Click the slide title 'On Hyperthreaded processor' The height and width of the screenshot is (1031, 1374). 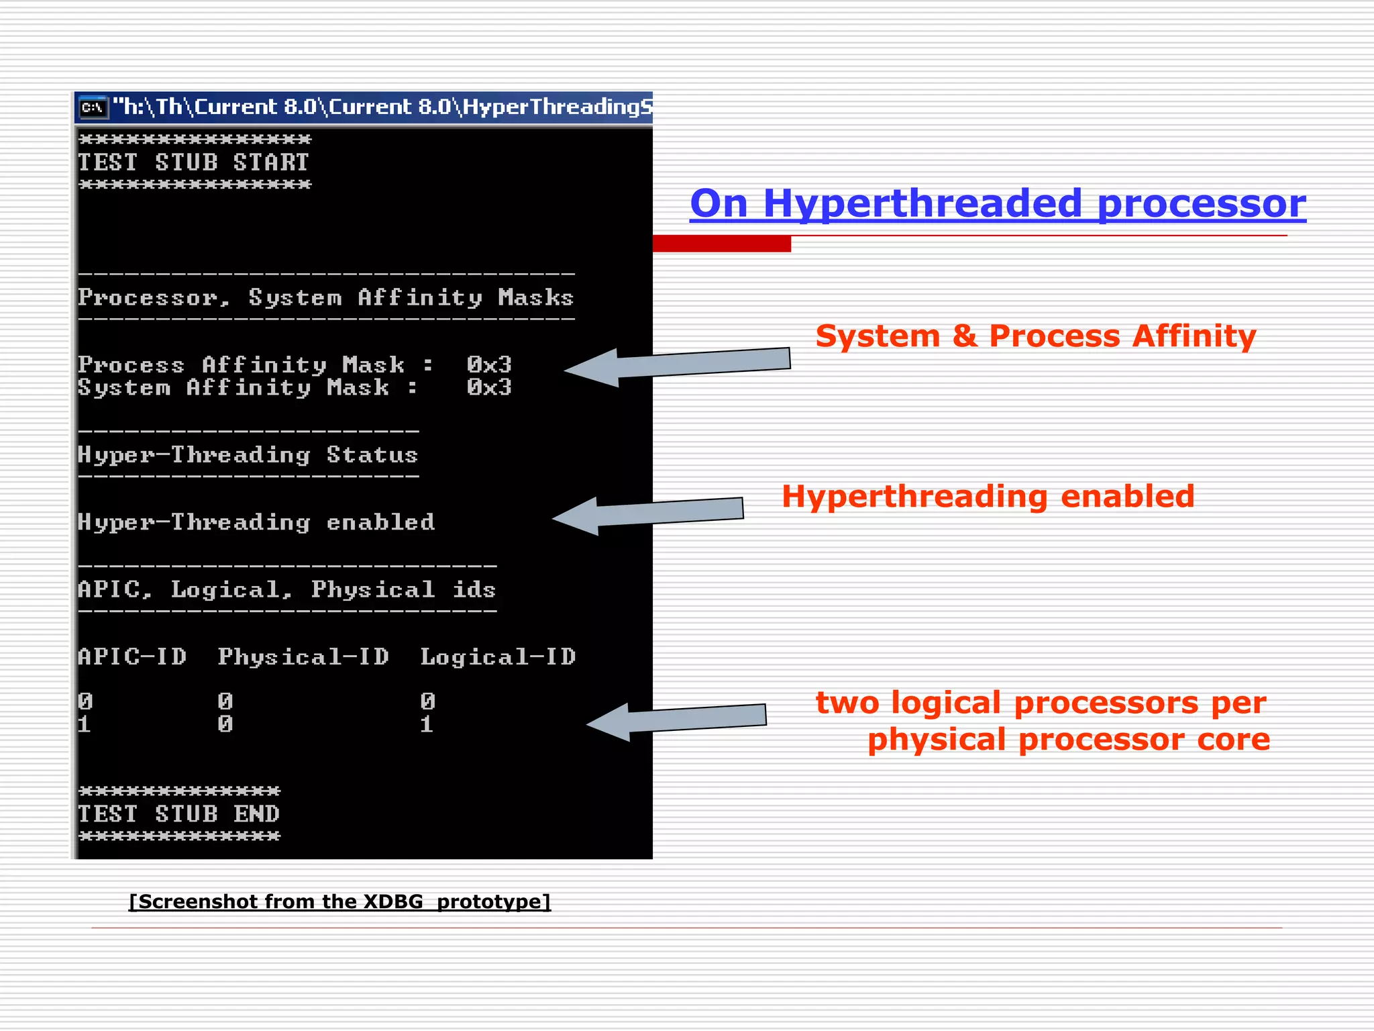pyautogui.click(x=998, y=203)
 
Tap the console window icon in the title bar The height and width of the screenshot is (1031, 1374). pyautogui.click(x=93, y=107)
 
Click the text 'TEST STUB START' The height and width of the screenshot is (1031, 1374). pyautogui.click(x=193, y=162)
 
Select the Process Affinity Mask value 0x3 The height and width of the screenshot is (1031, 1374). pyautogui.click(x=489, y=364)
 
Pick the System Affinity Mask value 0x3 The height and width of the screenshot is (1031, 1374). pyautogui.click(x=489, y=387)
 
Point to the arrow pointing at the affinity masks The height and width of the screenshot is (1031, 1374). pyautogui.click(x=678, y=366)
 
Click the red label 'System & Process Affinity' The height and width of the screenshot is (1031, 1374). pyautogui.click(x=1035, y=336)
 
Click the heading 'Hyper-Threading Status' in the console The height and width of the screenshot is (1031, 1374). pyautogui.click(x=248, y=455)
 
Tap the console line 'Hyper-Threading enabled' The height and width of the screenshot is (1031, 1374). pyautogui.click(x=256, y=522)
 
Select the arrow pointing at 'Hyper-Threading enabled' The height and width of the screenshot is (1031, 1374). pyautogui.click(x=647, y=515)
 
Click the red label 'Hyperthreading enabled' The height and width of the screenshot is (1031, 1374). pyautogui.click(x=988, y=497)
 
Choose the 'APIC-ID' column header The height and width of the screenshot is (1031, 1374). pyautogui.click(x=132, y=656)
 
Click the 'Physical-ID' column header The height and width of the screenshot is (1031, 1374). pyautogui.click(x=303, y=656)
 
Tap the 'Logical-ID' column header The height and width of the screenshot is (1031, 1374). pyautogui.click(x=498, y=656)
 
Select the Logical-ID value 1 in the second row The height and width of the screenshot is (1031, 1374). pyautogui.click(x=427, y=724)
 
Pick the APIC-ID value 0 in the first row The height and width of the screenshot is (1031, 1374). pyautogui.click(x=85, y=701)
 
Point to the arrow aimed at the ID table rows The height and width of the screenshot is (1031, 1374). pyautogui.click(x=676, y=721)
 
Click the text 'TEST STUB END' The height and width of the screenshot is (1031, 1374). pyautogui.click(x=178, y=814)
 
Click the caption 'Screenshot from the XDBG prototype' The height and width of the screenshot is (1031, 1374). pyautogui.click(x=339, y=901)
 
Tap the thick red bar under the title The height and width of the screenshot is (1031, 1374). pyautogui.click(x=721, y=244)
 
